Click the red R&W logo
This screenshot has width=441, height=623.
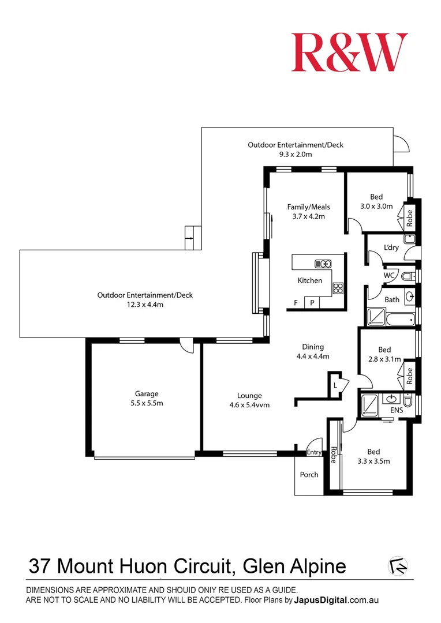point(350,52)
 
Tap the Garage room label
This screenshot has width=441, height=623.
point(147,394)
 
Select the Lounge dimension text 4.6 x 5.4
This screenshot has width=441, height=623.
point(244,406)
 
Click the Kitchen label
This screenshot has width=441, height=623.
point(310,280)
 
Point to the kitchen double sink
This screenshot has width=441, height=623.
point(323,264)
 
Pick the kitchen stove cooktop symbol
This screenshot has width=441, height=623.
point(338,288)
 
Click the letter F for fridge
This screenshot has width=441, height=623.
point(296,303)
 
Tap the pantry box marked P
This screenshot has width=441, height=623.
point(312,302)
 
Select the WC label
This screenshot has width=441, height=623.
point(389,275)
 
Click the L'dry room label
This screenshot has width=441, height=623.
point(391,247)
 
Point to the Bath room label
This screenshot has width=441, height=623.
point(392,299)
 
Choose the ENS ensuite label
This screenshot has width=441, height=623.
point(397,410)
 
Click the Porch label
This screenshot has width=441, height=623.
point(309,474)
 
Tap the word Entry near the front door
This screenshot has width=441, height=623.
point(314,452)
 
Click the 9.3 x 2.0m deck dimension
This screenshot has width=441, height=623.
point(296,155)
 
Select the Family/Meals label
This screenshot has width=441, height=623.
point(309,207)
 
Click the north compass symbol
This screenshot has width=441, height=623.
point(398,566)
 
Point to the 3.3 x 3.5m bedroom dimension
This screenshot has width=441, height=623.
point(373,461)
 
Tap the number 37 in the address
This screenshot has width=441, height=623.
point(39,566)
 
